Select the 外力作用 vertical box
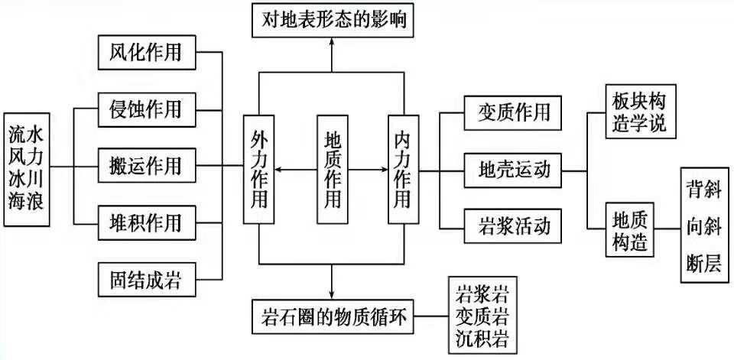[x=260, y=170]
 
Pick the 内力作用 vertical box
[x=403, y=170]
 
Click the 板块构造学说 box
[x=640, y=113]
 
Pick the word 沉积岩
[x=482, y=337]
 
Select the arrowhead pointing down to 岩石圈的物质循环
[x=333, y=294]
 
